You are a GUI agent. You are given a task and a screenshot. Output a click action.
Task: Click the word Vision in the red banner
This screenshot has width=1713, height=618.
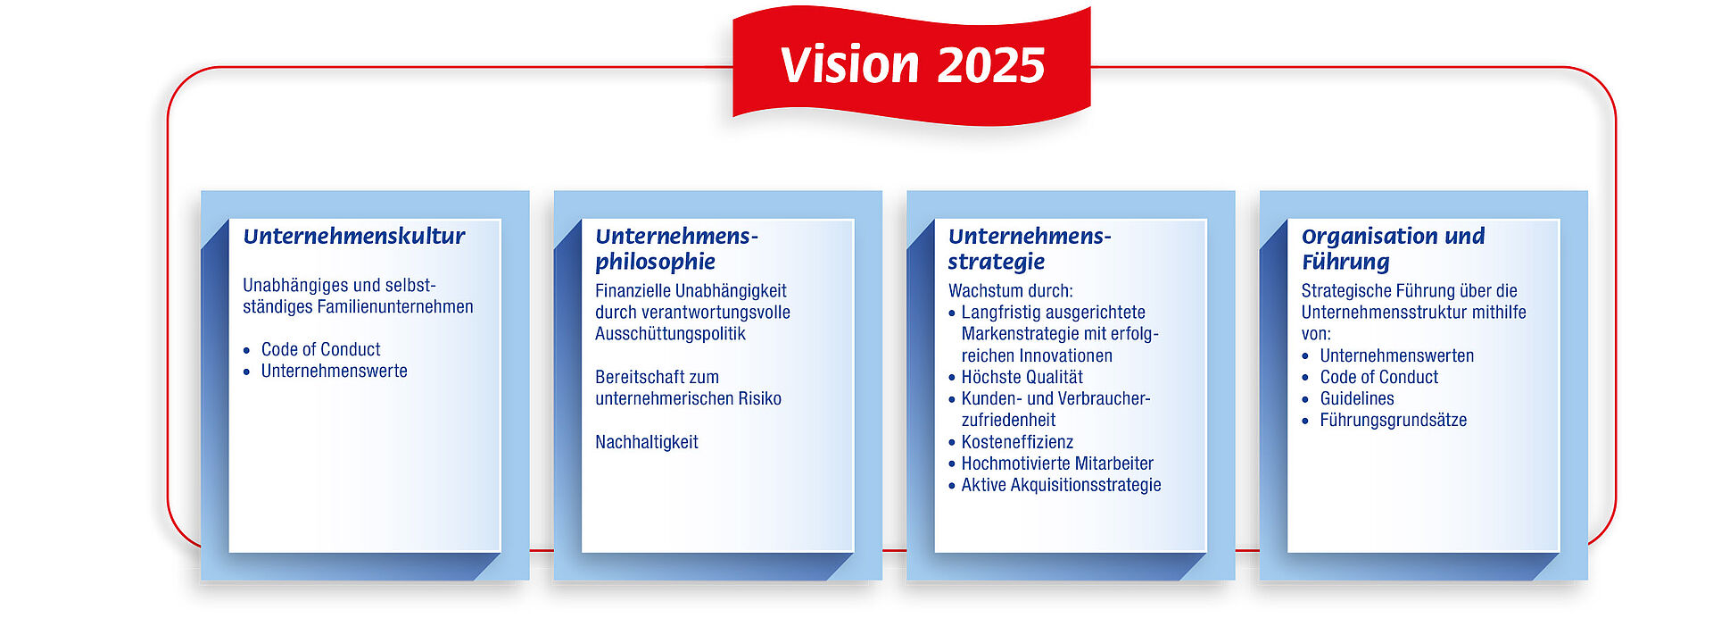coord(849,65)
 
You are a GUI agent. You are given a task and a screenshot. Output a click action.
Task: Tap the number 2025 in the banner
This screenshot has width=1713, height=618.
coord(991,66)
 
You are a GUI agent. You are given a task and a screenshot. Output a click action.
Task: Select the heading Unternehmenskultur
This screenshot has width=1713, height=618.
coord(354,236)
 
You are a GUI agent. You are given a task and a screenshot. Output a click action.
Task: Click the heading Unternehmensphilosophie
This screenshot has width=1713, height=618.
coord(677,248)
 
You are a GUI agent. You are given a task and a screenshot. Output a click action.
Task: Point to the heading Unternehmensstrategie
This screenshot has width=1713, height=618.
coord(1030,248)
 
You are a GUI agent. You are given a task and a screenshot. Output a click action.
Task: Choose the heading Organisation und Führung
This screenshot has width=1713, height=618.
coord(1394,248)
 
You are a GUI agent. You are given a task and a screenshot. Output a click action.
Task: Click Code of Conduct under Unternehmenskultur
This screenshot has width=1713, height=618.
coord(320,349)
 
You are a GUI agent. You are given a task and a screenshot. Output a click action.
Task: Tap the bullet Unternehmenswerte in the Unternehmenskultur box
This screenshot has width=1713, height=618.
coord(334,371)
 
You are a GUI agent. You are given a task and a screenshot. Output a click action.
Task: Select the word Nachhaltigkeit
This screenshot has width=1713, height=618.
coord(647,442)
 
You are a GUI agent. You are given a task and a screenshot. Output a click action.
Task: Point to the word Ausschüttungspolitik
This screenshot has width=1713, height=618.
coord(670,334)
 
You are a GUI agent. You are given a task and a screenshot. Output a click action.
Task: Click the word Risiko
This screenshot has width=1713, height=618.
coord(758,398)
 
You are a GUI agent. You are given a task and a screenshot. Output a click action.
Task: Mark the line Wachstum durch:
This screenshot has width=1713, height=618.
coord(1011,290)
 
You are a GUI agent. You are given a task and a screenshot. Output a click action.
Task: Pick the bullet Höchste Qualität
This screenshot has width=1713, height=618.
coord(1022,377)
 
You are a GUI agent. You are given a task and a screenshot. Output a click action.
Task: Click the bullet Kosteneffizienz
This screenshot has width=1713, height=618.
coord(1017,442)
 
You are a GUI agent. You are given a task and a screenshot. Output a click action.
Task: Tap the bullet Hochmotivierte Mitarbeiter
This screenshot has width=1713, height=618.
coord(1057,463)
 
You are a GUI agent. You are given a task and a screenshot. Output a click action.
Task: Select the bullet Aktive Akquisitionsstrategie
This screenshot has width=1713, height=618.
coord(1062,485)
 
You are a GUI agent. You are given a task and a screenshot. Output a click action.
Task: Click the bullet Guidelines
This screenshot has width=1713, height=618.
coord(1357,398)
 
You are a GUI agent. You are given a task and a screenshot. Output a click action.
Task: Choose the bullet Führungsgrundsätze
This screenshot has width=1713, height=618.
coord(1394,420)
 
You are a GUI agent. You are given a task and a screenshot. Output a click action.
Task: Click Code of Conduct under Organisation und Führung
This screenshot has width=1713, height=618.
coord(1379,377)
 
